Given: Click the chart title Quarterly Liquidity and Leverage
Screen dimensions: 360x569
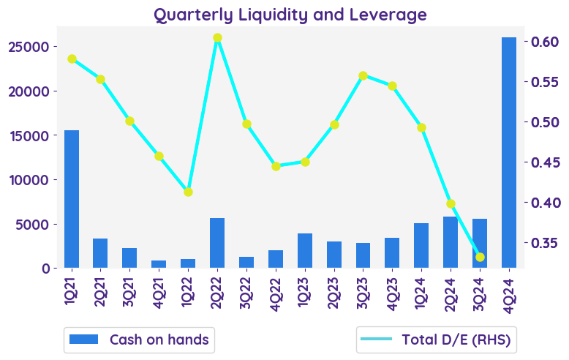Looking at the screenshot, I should point(290,15).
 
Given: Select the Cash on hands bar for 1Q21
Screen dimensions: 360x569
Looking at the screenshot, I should point(72,199).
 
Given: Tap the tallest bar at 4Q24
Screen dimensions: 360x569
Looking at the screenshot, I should point(509,152).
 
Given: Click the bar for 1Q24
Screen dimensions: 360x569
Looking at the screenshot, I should point(421,245).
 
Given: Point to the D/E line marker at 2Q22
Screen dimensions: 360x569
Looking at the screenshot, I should point(217,38).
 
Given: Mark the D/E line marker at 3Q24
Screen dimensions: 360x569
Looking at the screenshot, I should point(480,257).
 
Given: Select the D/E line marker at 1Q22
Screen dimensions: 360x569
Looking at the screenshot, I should point(188,192).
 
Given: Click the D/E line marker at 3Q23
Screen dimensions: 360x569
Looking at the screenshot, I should point(363,75).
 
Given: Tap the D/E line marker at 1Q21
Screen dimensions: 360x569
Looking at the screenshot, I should point(72,59).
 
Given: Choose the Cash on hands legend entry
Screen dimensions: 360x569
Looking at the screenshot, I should point(139,340).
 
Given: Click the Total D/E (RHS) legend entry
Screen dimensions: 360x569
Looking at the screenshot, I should point(437,340).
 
